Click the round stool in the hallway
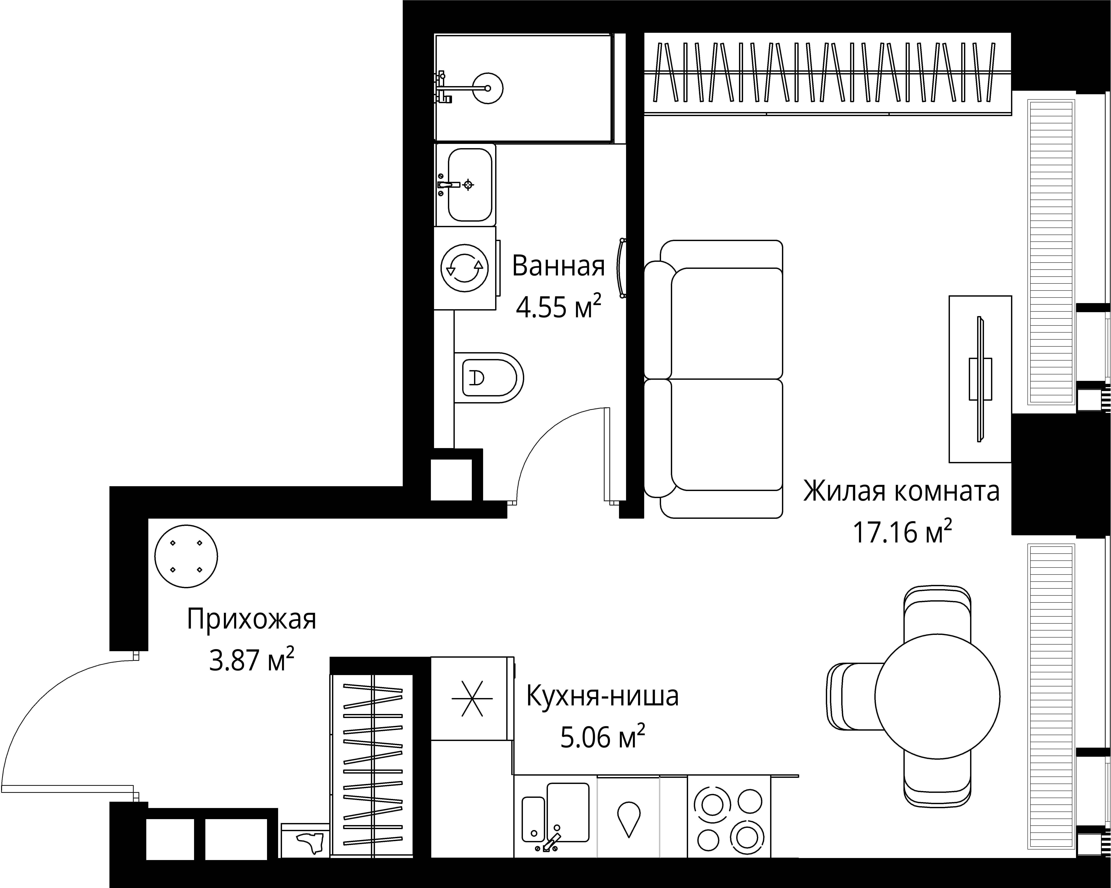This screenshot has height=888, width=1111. click(x=186, y=556)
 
